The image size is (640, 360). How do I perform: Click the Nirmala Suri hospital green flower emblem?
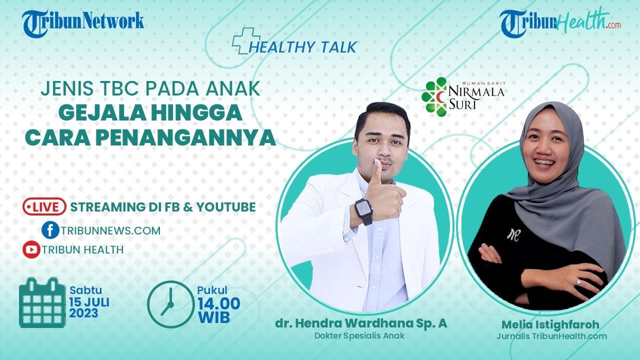tap(434, 96)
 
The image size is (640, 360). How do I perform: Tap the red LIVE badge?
tap(44, 206)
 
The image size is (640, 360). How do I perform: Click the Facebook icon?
tap(50, 230)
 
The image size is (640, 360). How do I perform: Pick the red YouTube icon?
tap(31, 249)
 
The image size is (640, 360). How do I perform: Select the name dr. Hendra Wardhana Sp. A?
tap(361, 323)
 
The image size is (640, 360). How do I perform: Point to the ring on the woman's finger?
tap(578, 281)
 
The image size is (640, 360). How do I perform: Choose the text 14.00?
tap(218, 303)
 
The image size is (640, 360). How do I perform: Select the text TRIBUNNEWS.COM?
tap(111, 230)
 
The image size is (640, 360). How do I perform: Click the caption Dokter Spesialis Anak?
tap(359, 335)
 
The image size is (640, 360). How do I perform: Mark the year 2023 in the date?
tap(83, 314)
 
